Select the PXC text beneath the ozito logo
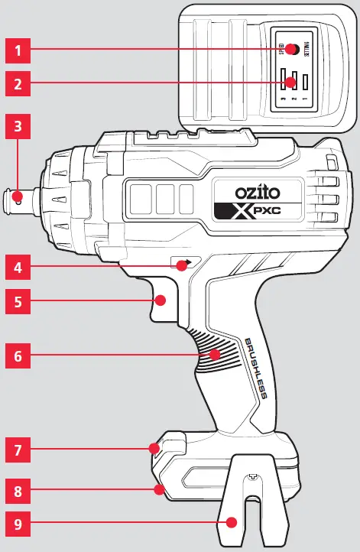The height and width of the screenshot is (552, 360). point(258,213)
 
